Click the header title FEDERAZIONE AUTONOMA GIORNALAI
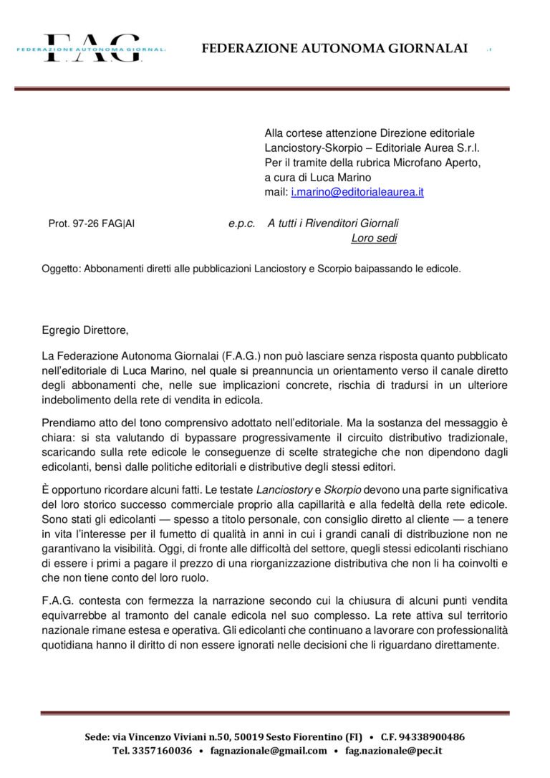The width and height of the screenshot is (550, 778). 334,49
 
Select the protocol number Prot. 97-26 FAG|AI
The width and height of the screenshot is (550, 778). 91,224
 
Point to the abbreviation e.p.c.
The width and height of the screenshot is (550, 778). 241,224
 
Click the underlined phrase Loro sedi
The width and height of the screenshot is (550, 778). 374,239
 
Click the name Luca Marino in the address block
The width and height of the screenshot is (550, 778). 344,178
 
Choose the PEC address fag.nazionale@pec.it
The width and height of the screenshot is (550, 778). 393,751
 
